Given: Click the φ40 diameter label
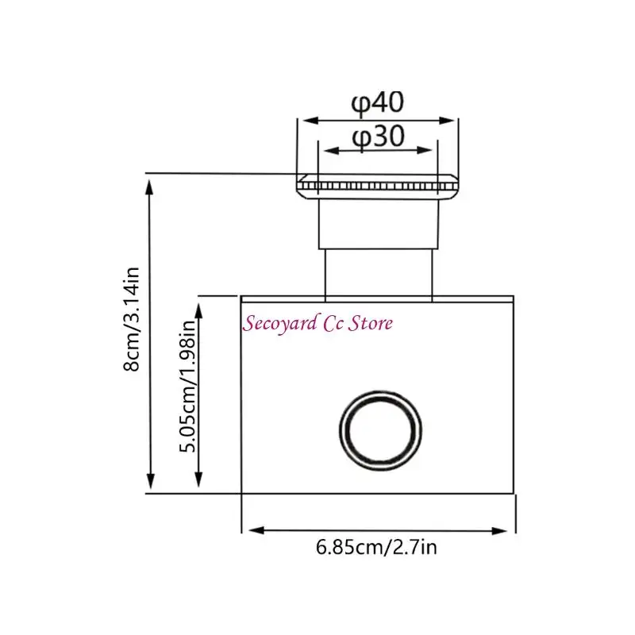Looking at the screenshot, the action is [378, 103].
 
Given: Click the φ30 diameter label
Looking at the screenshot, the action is [379, 137].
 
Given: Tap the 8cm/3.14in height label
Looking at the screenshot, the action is [132, 319].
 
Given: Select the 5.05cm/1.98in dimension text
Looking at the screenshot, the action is [187, 386].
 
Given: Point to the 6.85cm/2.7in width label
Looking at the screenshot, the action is [376, 548].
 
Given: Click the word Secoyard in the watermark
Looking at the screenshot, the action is [280, 324].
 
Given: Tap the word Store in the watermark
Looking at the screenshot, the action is [371, 323].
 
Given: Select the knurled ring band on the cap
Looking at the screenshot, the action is [378, 187].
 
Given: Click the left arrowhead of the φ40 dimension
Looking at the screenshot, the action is [310, 121].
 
